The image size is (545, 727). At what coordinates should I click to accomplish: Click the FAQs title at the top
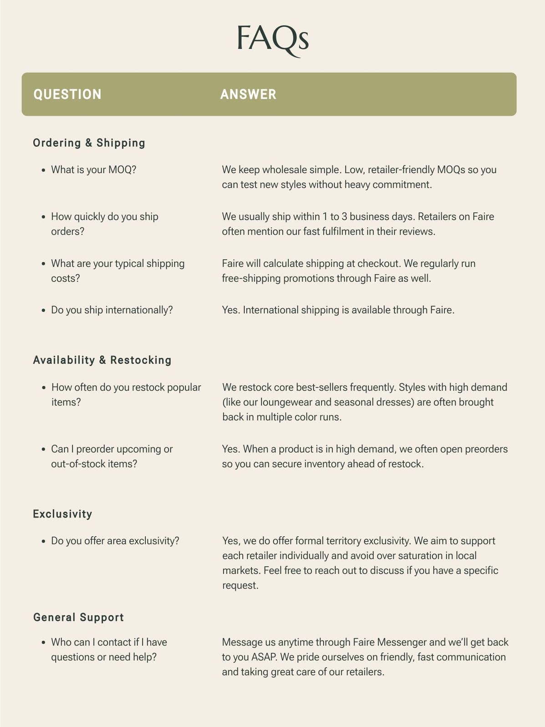(272, 39)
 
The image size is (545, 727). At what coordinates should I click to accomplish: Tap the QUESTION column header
(67, 94)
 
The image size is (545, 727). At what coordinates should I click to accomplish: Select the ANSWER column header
(248, 94)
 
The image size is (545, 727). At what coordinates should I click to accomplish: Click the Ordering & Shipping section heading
(89, 143)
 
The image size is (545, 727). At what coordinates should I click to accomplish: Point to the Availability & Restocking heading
(102, 360)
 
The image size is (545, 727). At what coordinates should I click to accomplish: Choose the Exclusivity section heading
(62, 514)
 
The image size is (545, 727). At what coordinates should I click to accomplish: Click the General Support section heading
(78, 618)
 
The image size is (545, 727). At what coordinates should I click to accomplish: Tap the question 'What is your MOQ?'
(93, 170)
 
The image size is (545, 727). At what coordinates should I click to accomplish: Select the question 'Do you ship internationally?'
(112, 310)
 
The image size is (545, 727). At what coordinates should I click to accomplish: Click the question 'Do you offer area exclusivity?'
(115, 541)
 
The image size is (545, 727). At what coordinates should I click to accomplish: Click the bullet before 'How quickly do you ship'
(43, 217)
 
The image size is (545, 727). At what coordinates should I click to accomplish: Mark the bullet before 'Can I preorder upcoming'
(43, 450)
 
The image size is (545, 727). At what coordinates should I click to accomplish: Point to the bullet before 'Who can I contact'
(43, 643)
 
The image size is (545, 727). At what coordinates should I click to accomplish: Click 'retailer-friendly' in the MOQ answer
(401, 170)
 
